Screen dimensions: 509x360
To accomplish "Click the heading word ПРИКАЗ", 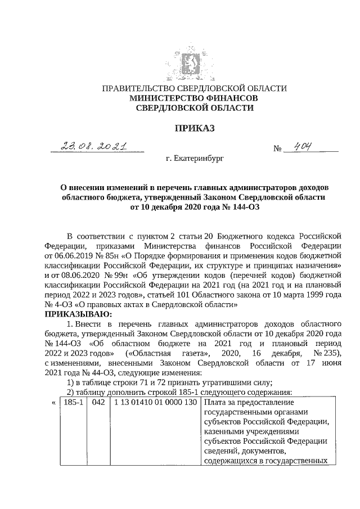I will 194,129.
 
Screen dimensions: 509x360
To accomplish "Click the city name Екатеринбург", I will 194,159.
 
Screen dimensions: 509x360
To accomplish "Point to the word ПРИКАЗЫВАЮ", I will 79,313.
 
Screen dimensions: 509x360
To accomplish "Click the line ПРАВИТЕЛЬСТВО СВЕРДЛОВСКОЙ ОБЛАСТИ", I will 194,89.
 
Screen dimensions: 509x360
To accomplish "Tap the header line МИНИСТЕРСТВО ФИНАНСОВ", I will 194,98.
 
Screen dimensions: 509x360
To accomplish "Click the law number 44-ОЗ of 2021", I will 87,372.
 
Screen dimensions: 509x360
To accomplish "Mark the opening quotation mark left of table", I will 53,403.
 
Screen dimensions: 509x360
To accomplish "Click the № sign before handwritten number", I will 277,150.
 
